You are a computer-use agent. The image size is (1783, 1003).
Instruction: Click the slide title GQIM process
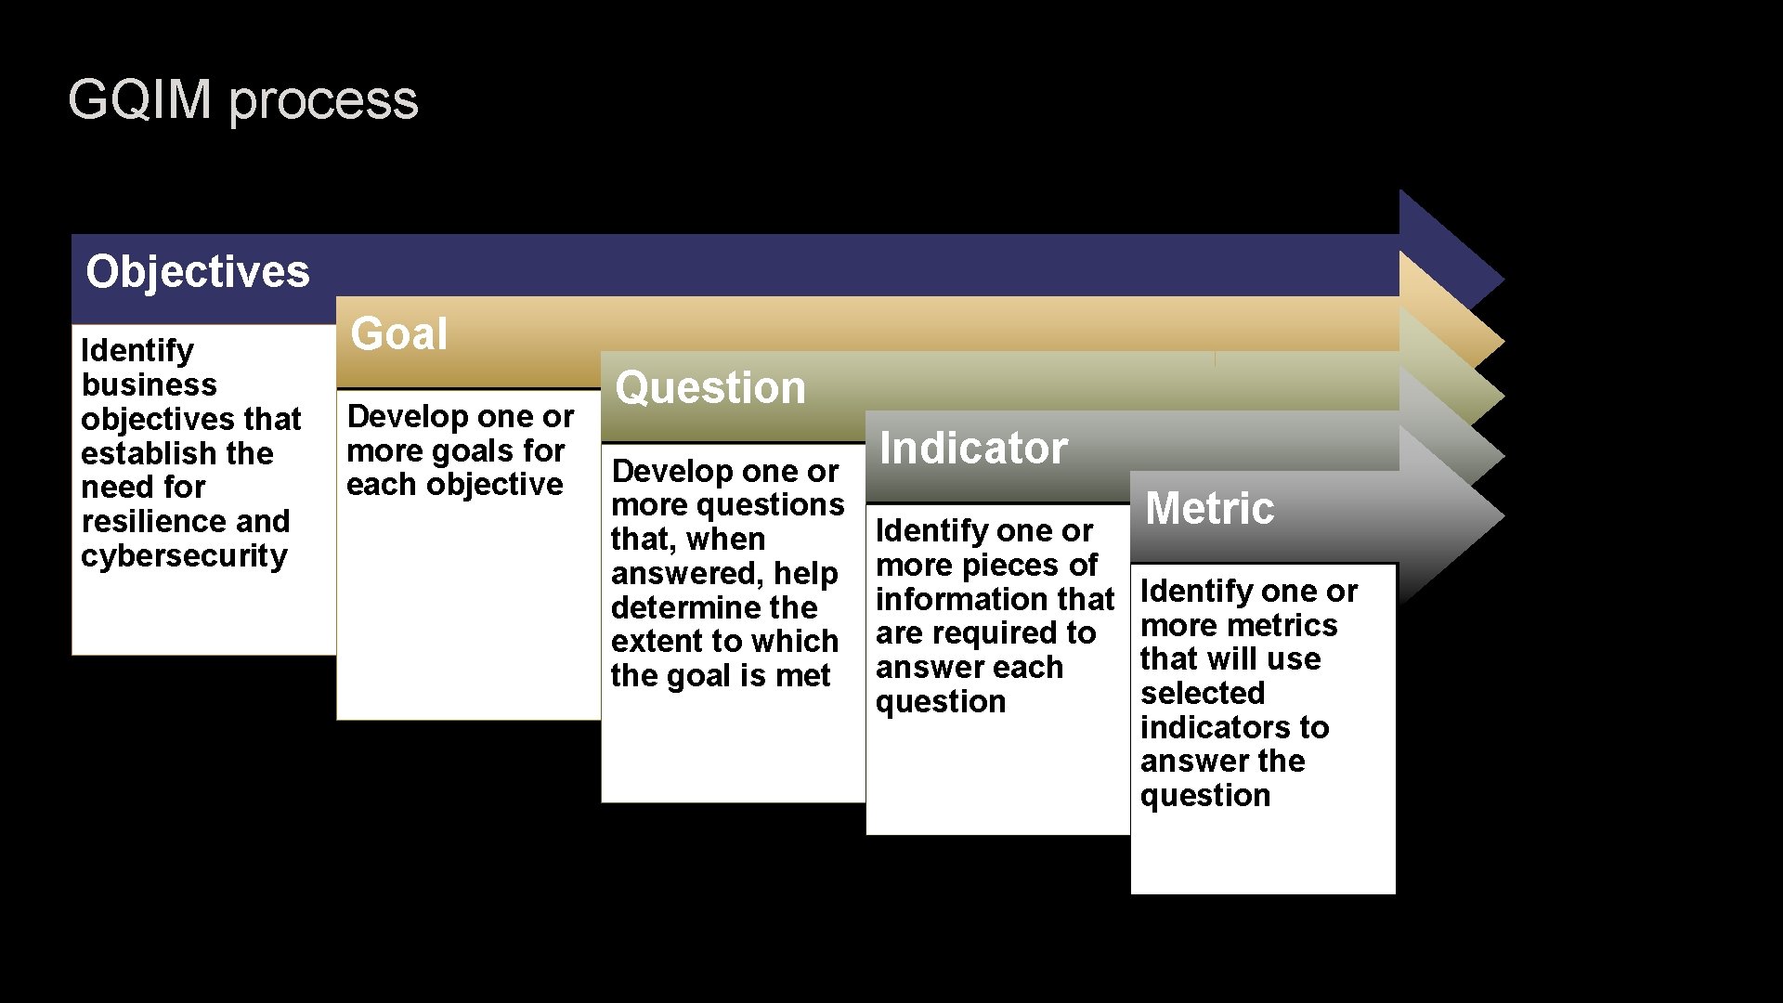click(x=242, y=99)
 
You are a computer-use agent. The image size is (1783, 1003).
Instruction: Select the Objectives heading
click(x=197, y=272)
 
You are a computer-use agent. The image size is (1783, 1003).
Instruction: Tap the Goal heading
click(x=398, y=334)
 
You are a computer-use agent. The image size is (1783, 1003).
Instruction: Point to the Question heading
click(x=709, y=388)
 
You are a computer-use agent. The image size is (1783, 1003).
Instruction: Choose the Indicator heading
click(x=972, y=449)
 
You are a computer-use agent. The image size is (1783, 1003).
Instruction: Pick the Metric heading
click(x=1209, y=509)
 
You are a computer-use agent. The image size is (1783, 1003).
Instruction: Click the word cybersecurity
click(x=184, y=556)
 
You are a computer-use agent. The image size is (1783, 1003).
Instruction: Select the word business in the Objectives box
click(x=149, y=384)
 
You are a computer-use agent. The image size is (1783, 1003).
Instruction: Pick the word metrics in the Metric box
click(x=1285, y=626)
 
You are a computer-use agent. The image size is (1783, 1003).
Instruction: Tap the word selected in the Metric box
click(x=1202, y=694)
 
